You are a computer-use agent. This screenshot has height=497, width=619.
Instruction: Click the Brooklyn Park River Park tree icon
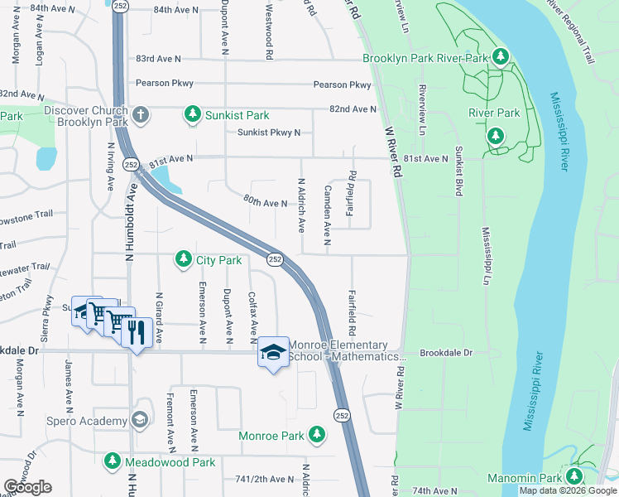pyautogui.click(x=500, y=57)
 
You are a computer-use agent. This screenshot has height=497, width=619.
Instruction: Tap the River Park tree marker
pyautogui.click(x=496, y=135)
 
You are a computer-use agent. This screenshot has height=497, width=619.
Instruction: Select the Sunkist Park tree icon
pyautogui.click(x=193, y=113)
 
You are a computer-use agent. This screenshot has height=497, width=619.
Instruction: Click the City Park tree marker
pyautogui.click(x=183, y=260)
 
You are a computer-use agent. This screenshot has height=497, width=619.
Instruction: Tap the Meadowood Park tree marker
pyautogui.click(x=113, y=461)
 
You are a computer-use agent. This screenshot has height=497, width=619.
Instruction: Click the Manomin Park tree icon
pyautogui.click(x=573, y=477)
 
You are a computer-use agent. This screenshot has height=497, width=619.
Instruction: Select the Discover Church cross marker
pyautogui.click(x=141, y=113)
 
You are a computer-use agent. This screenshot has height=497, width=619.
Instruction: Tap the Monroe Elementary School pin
pyautogui.click(x=273, y=352)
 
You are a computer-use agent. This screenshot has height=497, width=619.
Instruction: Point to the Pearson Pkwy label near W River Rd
pyautogui.click(x=342, y=85)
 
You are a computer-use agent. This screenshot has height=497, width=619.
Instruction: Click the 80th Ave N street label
pyautogui.click(x=265, y=201)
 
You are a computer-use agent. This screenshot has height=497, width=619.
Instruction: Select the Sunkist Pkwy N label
pyautogui.click(x=269, y=133)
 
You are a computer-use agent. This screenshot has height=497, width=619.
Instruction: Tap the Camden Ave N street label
pyautogui.click(x=328, y=215)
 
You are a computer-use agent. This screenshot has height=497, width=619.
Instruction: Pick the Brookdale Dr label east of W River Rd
pyautogui.click(x=445, y=353)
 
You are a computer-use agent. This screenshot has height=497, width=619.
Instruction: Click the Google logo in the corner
pyautogui.click(x=27, y=487)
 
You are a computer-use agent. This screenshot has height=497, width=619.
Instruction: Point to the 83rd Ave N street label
pyautogui.click(x=158, y=59)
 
